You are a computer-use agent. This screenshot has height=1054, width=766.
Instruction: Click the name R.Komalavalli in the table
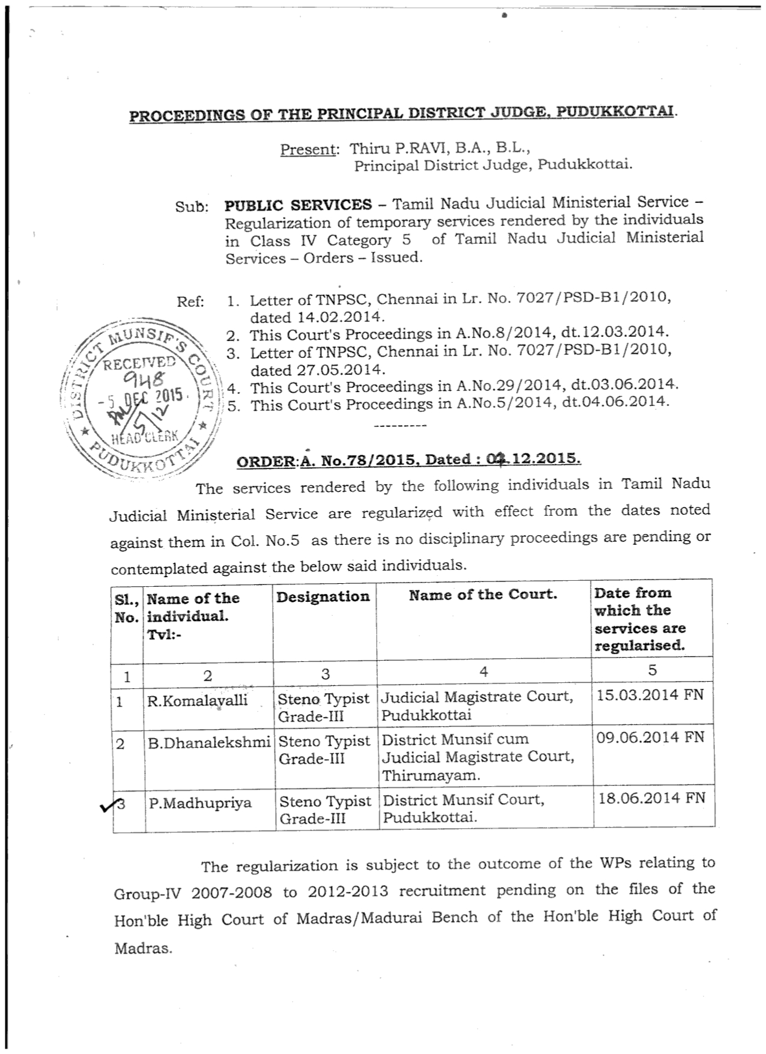click(197, 700)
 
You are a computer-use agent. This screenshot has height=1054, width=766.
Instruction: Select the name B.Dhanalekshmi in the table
click(209, 742)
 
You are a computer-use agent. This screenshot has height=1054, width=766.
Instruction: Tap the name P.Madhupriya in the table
click(200, 803)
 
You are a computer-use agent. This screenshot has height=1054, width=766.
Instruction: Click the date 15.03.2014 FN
click(649, 695)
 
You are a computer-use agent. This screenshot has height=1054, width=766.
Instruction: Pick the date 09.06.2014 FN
click(650, 737)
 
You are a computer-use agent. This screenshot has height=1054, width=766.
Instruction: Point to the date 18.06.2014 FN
click(652, 798)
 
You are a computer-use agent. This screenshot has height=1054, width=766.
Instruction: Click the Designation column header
click(323, 596)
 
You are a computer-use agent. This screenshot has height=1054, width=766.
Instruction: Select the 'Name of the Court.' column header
click(483, 595)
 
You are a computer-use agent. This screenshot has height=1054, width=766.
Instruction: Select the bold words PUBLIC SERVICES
click(298, 205)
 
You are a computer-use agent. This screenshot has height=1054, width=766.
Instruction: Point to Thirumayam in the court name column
click(431, 775)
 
